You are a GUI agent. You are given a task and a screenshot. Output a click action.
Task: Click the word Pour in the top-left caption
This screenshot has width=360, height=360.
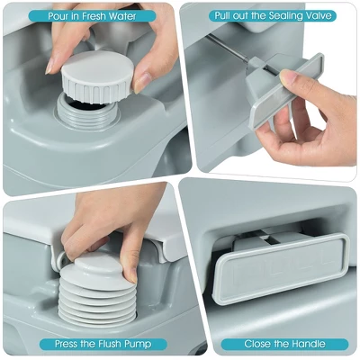[59, 16]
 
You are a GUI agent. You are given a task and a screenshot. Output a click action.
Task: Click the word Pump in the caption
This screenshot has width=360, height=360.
[139, 344]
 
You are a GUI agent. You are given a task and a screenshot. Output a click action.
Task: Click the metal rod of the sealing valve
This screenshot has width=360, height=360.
[227, 48]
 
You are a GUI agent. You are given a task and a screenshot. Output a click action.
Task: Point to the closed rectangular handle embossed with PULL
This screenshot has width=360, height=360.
[281, 268]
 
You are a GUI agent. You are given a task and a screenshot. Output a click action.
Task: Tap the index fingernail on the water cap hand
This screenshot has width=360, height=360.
[49, 66]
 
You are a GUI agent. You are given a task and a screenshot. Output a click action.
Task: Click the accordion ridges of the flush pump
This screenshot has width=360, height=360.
[97, 303]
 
